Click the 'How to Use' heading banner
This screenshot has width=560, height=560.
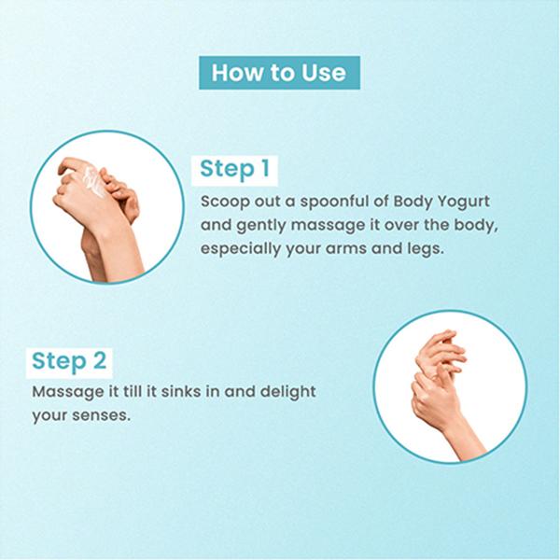[x=279, y=73]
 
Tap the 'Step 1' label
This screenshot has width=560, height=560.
[x=234, y=170]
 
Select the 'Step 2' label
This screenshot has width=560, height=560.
[x=69, y=362]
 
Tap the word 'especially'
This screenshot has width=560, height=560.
[x=241, y=249]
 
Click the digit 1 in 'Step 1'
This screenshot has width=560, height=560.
[x=265, y=168]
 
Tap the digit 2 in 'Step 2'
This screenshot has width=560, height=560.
[x=100, y=360]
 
